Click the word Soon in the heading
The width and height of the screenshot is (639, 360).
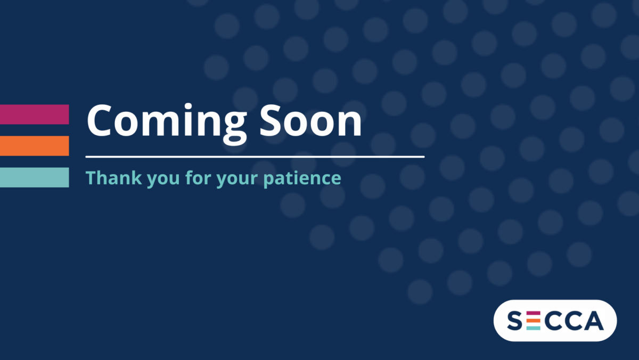click(310, 121)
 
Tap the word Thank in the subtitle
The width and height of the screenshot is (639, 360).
click(113, 178)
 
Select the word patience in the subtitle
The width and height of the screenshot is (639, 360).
click(302, 178)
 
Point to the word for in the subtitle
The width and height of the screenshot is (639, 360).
click(198, 177)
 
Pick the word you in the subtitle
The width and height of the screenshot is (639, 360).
click(163, 179)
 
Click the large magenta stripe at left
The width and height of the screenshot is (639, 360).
click(35, 114)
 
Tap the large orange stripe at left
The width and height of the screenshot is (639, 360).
click(35, 146)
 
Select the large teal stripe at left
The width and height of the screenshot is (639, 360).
click(35, 177)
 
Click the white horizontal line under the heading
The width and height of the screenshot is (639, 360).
click(255, 157)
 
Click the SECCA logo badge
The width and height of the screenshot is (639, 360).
click(555, 321)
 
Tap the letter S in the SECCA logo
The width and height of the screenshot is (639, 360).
click(514, 321)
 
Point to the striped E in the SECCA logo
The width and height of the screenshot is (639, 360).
click(533, 321)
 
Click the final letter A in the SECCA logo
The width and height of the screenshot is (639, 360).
click(594, 321)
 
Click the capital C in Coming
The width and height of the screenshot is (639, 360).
click(99, 121)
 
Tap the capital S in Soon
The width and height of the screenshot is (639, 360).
click(270, 121)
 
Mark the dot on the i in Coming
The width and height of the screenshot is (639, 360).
click(188, 107)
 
